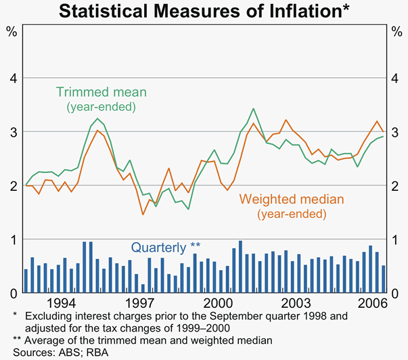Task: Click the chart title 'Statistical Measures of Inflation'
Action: point(204,11)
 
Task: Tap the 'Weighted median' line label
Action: point(283,200)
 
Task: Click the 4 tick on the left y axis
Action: point(12,78)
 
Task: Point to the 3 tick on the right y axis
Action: point(396,132)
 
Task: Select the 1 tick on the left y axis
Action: point(12,239)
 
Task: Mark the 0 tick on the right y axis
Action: point(396,292)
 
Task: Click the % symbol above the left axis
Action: point(12,31)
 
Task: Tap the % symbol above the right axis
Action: point(396,31)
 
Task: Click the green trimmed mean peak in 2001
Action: point(253,108)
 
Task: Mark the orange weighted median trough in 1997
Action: point(143,215)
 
